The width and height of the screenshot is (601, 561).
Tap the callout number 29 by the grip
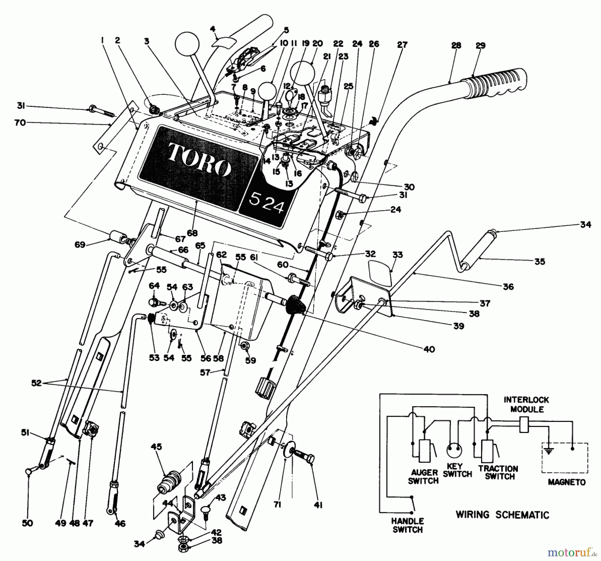coord(480,46)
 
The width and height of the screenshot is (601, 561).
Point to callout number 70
coord(20,123)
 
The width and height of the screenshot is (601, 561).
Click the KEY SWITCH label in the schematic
coord(457,470)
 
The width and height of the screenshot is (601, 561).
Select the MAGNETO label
coord(567,482)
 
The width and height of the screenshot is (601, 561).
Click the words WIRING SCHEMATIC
coord(502,515)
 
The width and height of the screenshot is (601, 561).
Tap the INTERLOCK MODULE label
coord(527,404)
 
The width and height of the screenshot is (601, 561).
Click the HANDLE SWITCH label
coord(408,525)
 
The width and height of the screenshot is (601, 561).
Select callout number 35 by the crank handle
coord(540,262)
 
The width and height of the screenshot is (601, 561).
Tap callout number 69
coord(80,245)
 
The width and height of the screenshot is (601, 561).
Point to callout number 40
coord(429,349)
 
